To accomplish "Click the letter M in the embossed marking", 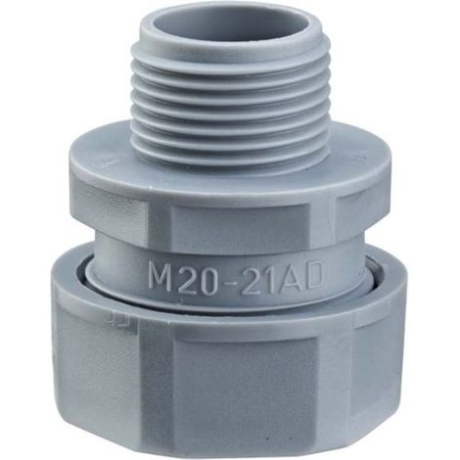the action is [x=160, y=277].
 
